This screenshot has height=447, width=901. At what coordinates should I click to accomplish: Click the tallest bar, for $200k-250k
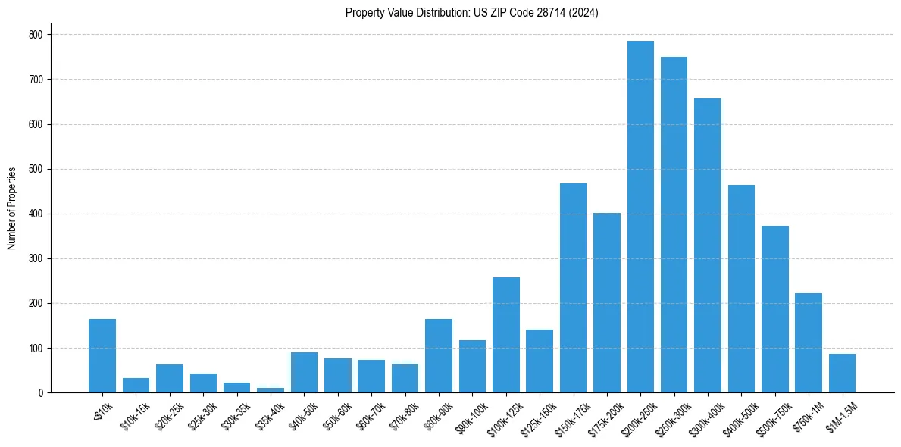(x=640, y=217)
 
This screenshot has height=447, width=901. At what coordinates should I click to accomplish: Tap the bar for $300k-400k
(x=708, y=245)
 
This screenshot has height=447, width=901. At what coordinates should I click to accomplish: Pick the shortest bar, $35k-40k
(x=271, y=390)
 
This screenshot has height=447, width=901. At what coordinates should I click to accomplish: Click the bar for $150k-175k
(x=573, y=288)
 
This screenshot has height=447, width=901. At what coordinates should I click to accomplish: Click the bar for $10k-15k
(x=136, y=386)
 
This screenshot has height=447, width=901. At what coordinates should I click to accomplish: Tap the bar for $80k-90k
(x=439, y=356)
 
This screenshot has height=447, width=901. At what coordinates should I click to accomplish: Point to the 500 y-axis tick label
(x=36, y=169)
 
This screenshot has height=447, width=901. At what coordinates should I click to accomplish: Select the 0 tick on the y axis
(x=42, y=393)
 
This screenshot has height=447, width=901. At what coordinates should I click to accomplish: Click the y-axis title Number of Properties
(x=12, y=208)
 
